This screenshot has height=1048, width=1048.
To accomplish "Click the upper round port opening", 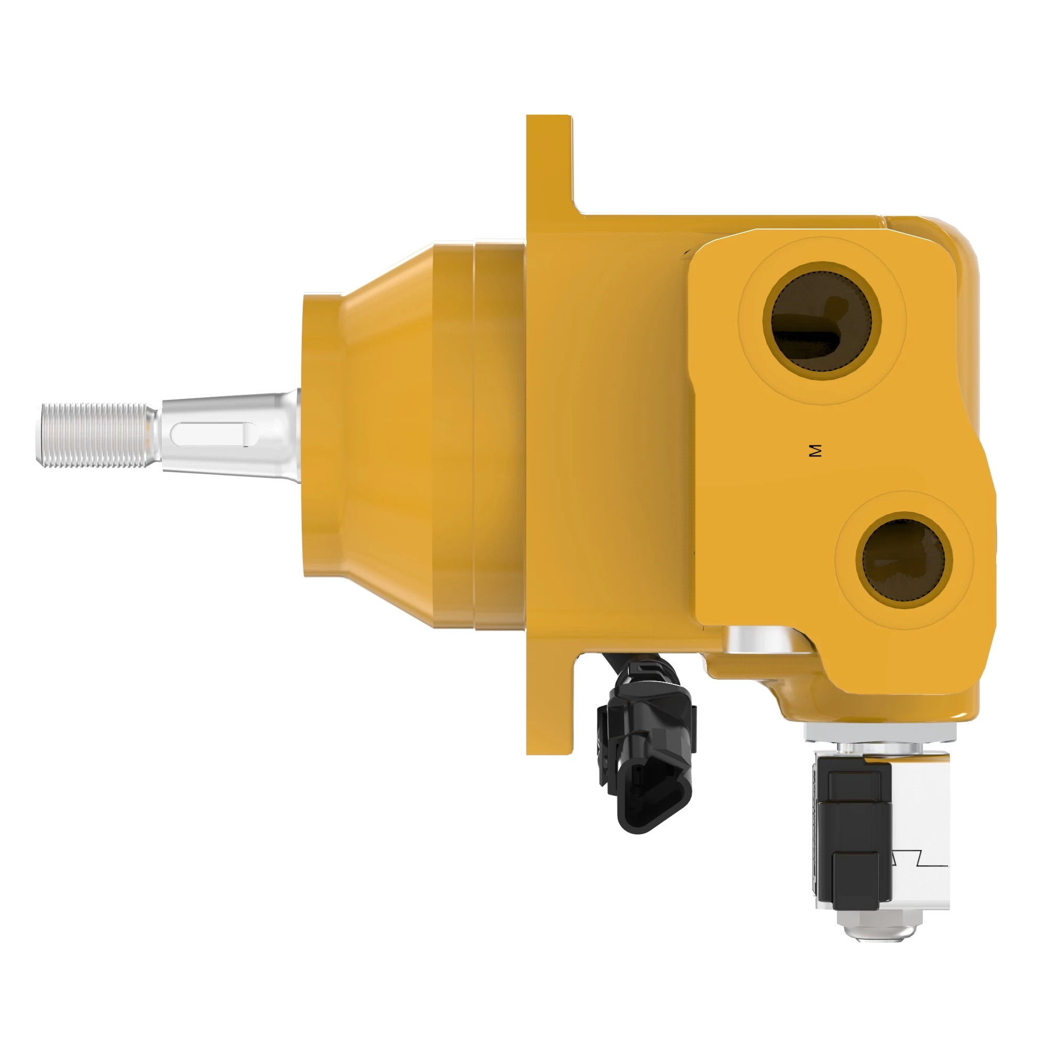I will click(x=821, y=321).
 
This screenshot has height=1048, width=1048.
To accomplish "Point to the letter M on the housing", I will click(x=815, y=450).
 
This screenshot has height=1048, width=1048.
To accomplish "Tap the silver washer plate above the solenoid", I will click(x=879, y=734).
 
